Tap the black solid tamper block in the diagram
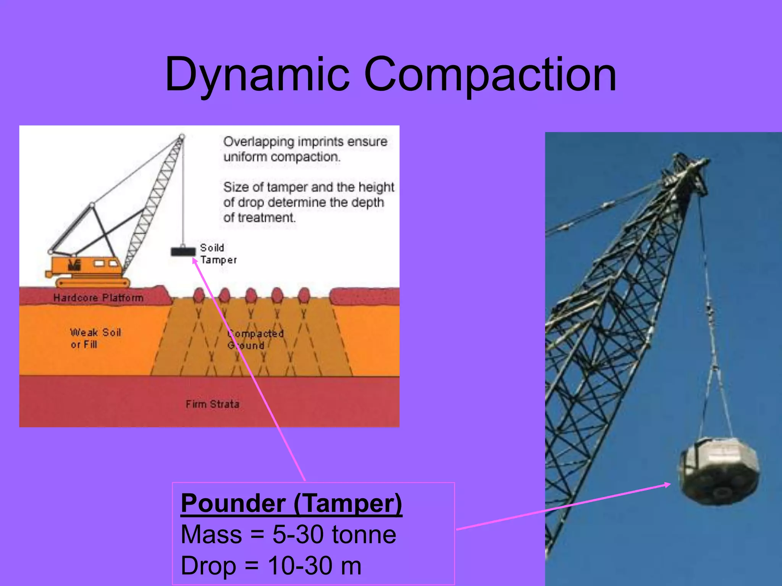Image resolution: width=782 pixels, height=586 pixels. coord(183,251)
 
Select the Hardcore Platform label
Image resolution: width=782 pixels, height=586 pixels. coord(98,298)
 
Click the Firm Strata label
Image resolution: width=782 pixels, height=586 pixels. coord(212,404)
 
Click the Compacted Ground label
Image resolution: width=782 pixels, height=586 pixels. coord(255,339)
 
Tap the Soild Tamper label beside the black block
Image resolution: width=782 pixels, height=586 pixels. coord(218,254)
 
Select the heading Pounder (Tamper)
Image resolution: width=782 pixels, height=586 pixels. coord(291,503)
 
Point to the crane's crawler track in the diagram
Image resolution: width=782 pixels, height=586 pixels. coord(93,283)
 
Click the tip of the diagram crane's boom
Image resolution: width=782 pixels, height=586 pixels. coord(182,136)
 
